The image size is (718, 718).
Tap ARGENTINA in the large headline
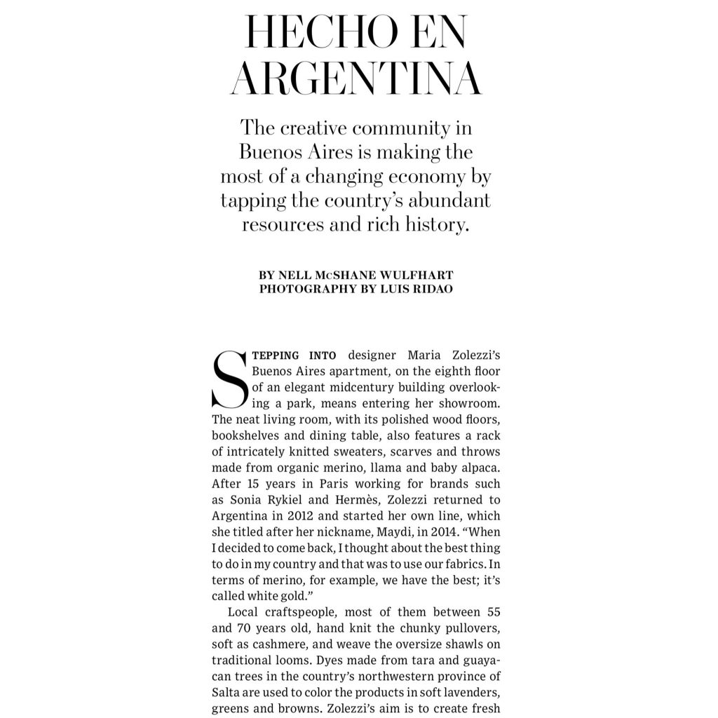click(x=357, y=79)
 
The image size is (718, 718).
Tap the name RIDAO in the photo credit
click(x=433, y=288)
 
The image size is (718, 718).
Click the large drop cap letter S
click(x=229, y=379)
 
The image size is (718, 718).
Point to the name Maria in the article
click(x=424, y=355)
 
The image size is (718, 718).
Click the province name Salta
click(x=226, y=691)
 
